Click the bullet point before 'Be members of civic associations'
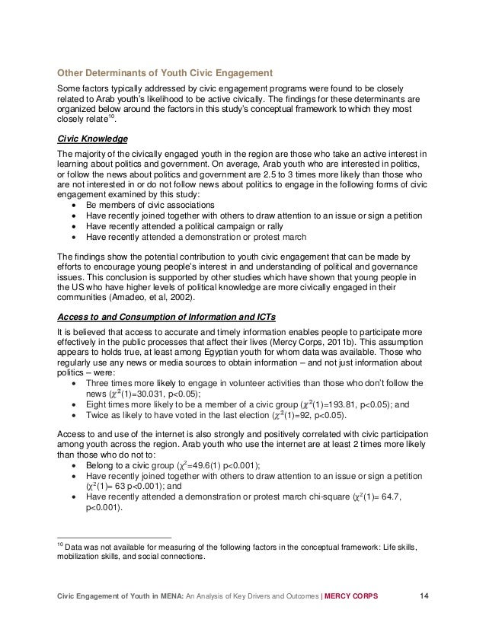(73, 206)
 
